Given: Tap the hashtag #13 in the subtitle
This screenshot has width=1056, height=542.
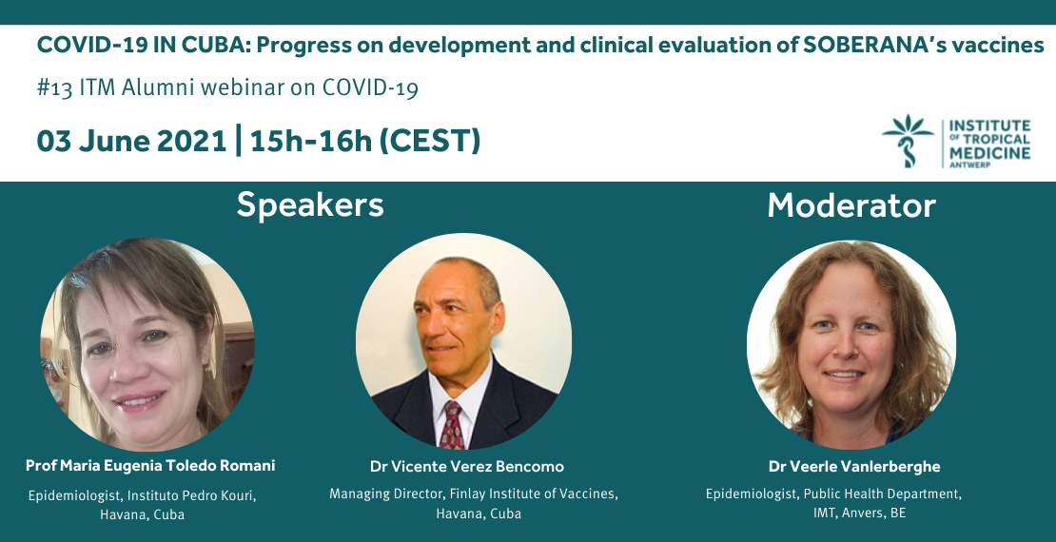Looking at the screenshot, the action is pos(54,88).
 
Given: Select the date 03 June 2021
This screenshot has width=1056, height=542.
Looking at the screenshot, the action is pos(131,141).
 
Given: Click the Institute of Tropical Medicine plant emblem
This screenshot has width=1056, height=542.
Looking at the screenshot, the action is pos(908,141).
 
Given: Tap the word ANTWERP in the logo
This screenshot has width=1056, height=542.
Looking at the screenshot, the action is pos(970,165).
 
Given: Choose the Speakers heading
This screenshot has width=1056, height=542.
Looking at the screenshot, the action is pos(310,205).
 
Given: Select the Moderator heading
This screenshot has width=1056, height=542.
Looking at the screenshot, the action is pos(851,205).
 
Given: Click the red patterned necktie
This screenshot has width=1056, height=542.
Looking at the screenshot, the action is pos(453,425).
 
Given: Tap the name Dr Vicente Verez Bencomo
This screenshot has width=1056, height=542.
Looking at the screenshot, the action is pos(467,467).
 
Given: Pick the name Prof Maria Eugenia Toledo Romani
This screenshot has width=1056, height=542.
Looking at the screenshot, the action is pos(150,466).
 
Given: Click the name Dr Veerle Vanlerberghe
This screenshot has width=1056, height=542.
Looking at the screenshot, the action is pos(854,467).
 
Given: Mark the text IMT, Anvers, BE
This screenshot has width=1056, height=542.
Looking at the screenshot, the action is pos(859,513).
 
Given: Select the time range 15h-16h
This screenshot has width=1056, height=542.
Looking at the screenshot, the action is pos(310,141).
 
